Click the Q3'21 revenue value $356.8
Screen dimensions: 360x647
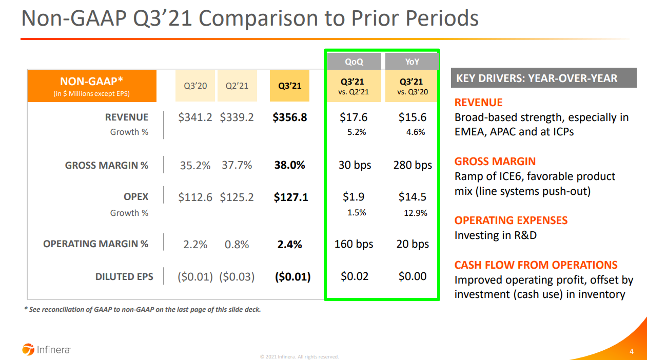click(x=290, y=117)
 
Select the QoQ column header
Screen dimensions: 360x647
click(x=354, y=62)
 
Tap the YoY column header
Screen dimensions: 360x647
click(x=412, y=62)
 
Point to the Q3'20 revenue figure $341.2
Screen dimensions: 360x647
click(x=195, y=117)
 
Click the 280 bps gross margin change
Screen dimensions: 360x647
click(x=413, y=165)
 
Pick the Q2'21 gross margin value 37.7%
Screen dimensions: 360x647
click(x=237, y=165)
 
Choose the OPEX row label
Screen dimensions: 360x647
click(x=136, y=196)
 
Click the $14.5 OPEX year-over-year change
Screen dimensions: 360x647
click(x=413, y=196)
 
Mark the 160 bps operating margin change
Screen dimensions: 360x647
click(x=354, y=244)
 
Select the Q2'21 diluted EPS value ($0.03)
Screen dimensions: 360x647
click(x=237, y=276)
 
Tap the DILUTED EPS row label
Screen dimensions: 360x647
click(x=124, y=276)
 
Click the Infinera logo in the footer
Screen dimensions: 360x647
click(x=46, y=350)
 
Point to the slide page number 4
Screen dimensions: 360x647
click(x=632, y=351)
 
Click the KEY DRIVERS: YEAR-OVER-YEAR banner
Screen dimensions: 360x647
click(x=543, y=78)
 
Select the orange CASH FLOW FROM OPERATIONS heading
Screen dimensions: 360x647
click(x=536, y=265)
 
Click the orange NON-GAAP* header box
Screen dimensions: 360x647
click(x=92, y=86)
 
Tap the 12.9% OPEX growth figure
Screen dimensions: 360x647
click(x=416, y=213)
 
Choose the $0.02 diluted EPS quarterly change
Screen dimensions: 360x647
click(x=355, y=276)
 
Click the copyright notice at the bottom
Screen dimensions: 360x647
click(x=299, y=356)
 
